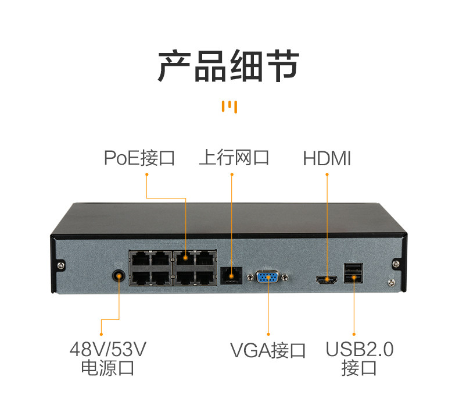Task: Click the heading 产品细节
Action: (x=229, y=65)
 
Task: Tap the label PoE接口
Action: (x=139, y=158)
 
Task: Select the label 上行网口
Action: (x=234, y=158)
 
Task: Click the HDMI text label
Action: (x=327, y=158)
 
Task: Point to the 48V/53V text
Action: (x=107, y=349)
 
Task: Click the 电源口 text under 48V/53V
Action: (x=107, y=368)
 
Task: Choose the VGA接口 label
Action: (x=268, y=350)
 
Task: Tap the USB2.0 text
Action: (x=359, y=349)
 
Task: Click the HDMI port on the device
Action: (x=327, y=279)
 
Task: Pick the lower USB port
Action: (x=354, y=279)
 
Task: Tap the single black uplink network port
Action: (x=231, y=274)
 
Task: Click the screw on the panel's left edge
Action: (x=62, y=265)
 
